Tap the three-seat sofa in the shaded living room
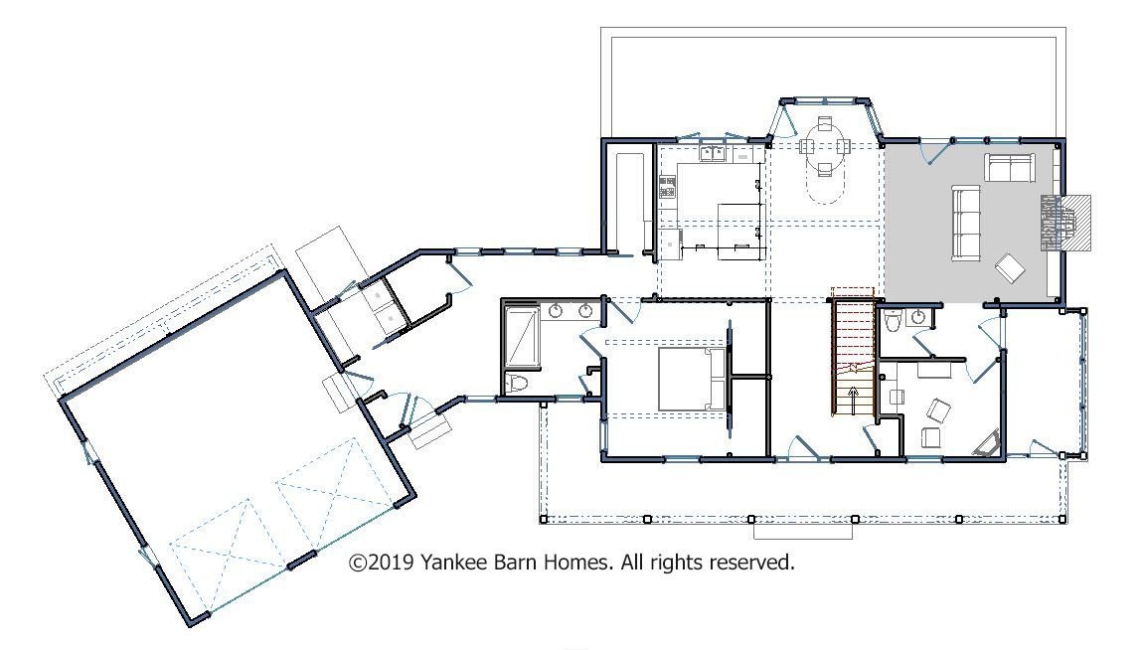point(966,223)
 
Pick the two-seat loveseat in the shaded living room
point(1010,167)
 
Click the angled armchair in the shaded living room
point(1011,267)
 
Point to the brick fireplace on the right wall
point(1065,223)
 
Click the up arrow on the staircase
point(853,397)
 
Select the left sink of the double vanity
point(557,312)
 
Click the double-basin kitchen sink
point(713,153)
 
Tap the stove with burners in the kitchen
point(667,187)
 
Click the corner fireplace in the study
point(988,444)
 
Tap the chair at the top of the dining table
point(824,122)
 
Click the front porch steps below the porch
point(802,531)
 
